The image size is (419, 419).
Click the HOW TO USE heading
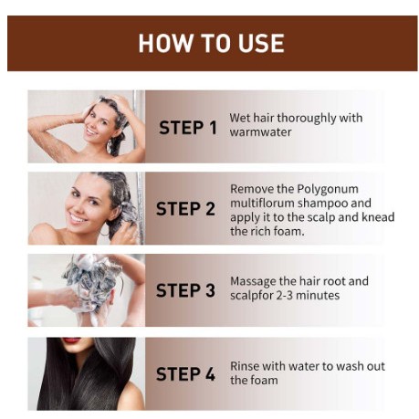pyautogui.click(x=212, y=43)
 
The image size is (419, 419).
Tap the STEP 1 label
pyautogui.click(x=188, y=128)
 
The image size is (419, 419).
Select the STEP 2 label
pyautogui.click(x=185, y=209)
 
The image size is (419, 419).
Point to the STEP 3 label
pyautogui.click(x=185, y=290)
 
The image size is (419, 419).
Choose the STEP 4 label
pyautogui.click(x=185, y=373)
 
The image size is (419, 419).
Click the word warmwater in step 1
pyautogui.click(x=260, y=132)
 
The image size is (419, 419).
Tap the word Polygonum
pyautogui.click(x=328, y=190)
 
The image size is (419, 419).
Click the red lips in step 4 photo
pyautogui.click(x=72, y=340)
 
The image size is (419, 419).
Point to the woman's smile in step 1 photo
pyautogui.click(x=92, y=131)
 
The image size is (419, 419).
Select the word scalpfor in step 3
pyautogui.click(x=252, y=296)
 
